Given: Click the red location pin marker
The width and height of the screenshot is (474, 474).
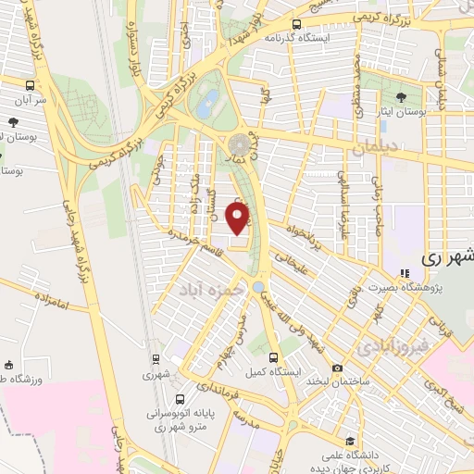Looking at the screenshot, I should point(239,218).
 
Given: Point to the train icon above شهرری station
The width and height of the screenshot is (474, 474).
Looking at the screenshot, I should point(155,361).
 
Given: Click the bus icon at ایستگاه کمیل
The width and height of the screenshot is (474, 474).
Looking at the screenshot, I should point(273,357).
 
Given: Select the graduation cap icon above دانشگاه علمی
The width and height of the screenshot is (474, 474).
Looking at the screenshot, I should point(351,442).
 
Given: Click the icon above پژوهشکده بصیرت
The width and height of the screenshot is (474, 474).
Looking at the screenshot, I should point(404,272).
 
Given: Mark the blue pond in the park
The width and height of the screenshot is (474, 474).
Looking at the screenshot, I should point(209,99).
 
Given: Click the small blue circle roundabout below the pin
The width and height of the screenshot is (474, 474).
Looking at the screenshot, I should point(256,288).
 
